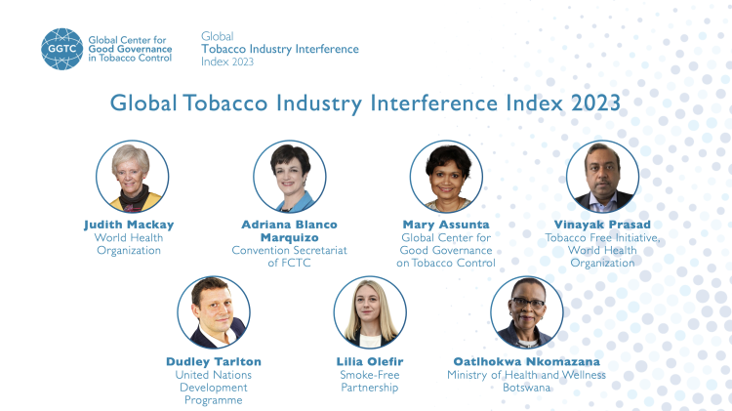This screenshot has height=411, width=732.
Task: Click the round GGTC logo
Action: click(61, 48)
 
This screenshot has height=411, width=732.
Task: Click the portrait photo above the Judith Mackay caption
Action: click(132, 177)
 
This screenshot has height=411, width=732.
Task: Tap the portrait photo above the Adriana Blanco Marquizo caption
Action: click(290, 177)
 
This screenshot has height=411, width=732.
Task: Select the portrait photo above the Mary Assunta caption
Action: click(447, 177)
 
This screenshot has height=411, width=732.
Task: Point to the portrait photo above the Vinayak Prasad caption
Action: click(602, 177)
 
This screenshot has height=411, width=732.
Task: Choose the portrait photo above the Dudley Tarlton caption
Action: click(213, 312)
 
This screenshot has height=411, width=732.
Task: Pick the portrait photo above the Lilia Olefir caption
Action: click(369, 312)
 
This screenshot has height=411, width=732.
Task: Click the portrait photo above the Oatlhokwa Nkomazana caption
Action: click(527, 312)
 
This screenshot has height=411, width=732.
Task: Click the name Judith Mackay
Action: click(129, 225)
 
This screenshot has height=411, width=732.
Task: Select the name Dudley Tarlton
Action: click(214, 361)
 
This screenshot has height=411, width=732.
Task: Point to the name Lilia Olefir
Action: click(369, 361)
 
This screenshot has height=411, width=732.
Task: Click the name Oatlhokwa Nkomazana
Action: click(527, 361)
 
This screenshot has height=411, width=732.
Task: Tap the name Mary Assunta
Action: click(447, 225)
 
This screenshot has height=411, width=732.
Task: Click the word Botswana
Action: click(527, 388)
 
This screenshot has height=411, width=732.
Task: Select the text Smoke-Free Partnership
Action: click(369, 381)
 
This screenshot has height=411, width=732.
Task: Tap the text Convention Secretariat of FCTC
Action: click(290, 256)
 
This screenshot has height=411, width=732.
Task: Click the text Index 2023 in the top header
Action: click(227, 61)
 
